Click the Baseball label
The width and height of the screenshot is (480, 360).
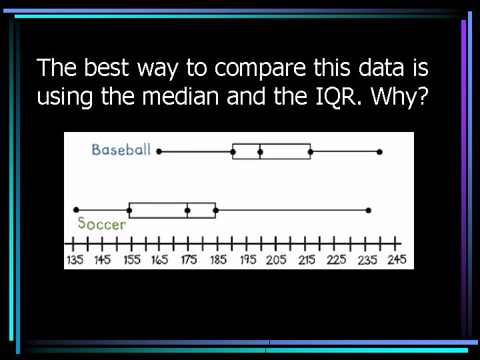121,149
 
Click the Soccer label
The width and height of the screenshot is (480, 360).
101,224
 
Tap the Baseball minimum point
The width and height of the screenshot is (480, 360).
159,151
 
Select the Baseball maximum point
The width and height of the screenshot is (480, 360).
379,152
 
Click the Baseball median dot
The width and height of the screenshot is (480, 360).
260,152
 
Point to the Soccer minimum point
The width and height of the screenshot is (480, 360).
76,210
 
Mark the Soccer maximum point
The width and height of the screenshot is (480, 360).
369,211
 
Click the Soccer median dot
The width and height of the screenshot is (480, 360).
187,211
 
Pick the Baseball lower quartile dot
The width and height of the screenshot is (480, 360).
233,152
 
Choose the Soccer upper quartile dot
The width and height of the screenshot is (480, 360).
215,211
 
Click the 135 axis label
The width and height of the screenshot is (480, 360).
75,260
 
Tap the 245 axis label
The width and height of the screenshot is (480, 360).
397,260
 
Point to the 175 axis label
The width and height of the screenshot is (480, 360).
189,260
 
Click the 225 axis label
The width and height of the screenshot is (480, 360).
337,260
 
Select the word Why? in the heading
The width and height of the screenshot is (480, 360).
400,98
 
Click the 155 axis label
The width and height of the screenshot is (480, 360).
132,260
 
